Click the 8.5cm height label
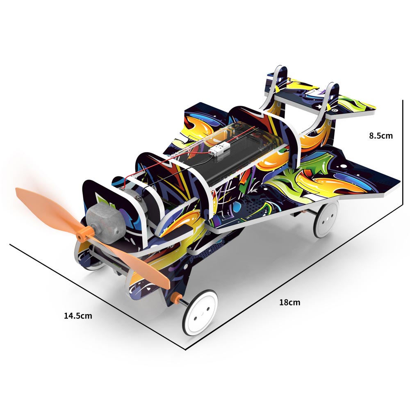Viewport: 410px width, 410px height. coord(381,135)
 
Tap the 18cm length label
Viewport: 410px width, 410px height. coord(290,302)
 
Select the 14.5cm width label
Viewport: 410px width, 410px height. coord(78,316)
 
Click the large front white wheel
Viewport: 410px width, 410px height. coord(200,312)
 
